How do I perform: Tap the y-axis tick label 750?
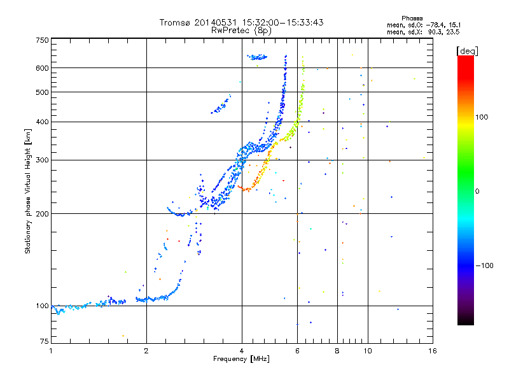[x=42, y=40]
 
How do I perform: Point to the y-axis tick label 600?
[x=42, y=68]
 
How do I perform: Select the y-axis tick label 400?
[x=42, y=122]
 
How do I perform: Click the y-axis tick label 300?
[x=42, y=160]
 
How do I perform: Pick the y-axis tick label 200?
[x=42, y=214]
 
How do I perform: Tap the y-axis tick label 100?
[x=42, y=306]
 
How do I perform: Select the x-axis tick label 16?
[x=433, y=351]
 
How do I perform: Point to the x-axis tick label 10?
[x=368, y=351]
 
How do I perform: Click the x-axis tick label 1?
[x=52, y=351]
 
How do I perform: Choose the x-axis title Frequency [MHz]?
[x=241, y=359]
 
